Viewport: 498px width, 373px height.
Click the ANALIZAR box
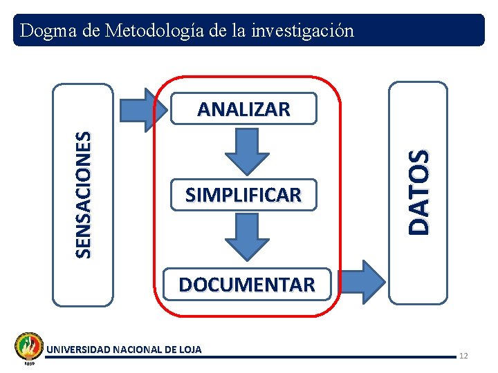click(243, 109)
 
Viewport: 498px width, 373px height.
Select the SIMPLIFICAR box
click(243, 195)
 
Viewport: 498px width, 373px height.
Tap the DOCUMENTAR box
click(246, 284)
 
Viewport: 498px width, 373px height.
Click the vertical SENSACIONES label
click(83, 195)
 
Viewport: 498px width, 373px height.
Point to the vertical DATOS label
click(418, 192)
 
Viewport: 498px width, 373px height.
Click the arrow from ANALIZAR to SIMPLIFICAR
click(247, 151)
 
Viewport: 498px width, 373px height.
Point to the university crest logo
click(29, 345)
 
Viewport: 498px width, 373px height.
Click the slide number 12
click(463, 356)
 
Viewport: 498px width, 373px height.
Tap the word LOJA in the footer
click(190, 350)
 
